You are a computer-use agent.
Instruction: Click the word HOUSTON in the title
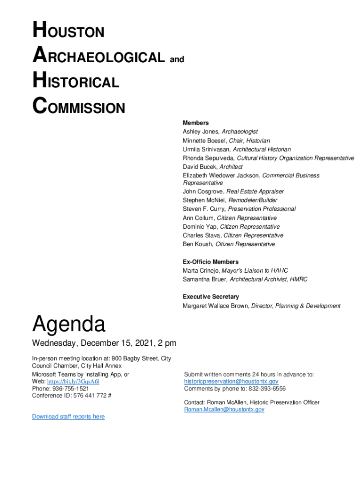[68, 32]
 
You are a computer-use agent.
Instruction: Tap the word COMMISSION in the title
[79, 108]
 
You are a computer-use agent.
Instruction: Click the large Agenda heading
[69, 325]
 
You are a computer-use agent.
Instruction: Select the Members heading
[196, 123]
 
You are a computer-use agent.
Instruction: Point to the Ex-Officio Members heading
[211, 262]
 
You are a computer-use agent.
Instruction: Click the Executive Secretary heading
[211, 297]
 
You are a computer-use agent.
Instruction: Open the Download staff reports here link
[68, 416]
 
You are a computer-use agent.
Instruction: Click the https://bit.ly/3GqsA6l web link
[73, 381]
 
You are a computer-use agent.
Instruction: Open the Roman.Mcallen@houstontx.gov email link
[224, 409]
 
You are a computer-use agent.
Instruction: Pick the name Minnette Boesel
[204, 141]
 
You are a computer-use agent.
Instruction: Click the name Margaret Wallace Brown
[215, 306]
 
